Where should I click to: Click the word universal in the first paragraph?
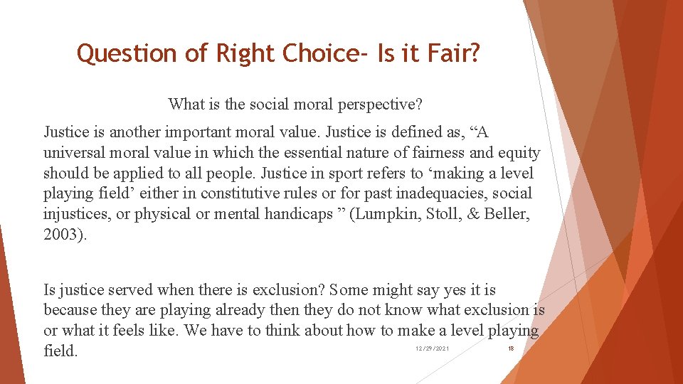tap(75, 153)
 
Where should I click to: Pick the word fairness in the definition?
tap(413, 153)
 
